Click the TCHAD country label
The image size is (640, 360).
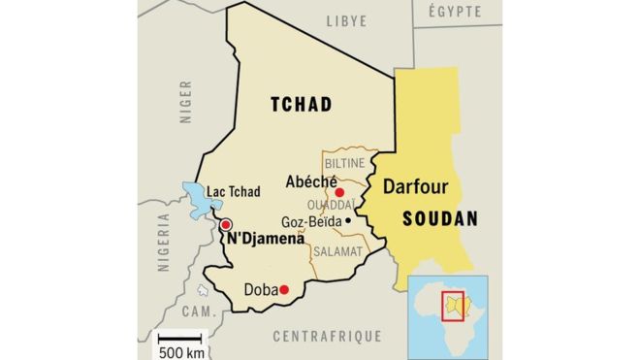[x=301, y=105]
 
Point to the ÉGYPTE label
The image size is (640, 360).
[x=455, y=12]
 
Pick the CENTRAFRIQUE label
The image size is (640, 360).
[x=328, y=336]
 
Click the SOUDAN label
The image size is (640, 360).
[x=440, y=219]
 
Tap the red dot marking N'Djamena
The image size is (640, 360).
[x=226, y=225]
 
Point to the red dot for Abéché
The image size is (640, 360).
[x=339, y=192]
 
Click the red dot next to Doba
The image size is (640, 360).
[x=285, y=289]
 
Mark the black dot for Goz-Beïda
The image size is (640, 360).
[x=346, y=220]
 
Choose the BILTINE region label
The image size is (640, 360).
[x=343, y=162]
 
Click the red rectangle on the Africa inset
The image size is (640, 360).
[x=453, y=306]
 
